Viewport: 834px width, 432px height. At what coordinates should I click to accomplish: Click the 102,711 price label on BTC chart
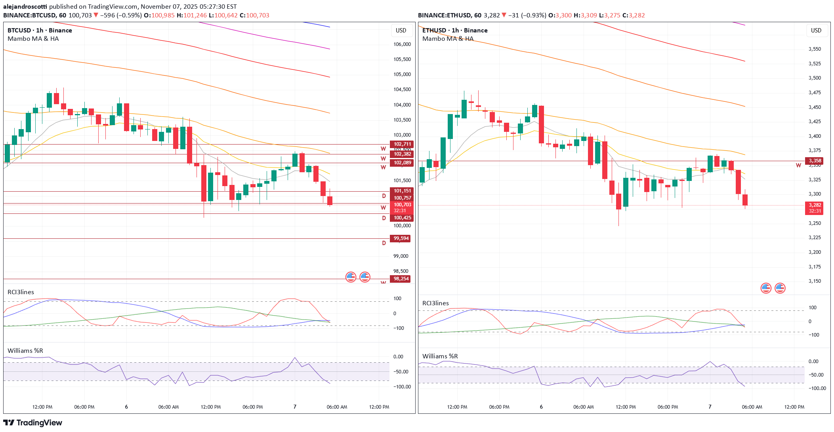tap(402, 144)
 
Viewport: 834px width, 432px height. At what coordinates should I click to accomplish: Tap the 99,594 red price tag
tap(401, 238)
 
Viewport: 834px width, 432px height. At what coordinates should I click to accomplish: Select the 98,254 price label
tap(401, 279)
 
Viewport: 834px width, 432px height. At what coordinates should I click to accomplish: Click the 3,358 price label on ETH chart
tap(815, 161)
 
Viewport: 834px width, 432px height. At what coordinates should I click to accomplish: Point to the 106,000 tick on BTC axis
tap(402, 44)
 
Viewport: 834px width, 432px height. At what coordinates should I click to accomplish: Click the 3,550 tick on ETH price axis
tap(815, 49)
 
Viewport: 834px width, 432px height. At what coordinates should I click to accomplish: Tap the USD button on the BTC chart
tap(401, 30)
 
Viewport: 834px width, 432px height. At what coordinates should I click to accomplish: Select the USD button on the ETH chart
tap(816, 30)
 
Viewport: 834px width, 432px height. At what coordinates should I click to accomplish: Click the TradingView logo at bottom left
tap(32, 422)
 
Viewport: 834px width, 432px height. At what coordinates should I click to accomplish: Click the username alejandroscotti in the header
tap(25, 6)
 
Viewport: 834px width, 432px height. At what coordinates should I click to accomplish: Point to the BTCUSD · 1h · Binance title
tap(40, 30)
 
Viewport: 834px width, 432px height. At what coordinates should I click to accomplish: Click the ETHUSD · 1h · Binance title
tap(454, 30)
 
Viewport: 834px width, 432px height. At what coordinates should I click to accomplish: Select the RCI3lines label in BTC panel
tap(21, 292)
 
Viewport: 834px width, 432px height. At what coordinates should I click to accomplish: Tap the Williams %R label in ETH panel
tap(440, 356)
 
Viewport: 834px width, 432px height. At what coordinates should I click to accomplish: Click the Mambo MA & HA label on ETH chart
tap(448, 38)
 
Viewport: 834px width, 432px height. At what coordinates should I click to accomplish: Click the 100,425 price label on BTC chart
tap(402, 218)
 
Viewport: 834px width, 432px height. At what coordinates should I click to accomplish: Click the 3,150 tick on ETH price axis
tap(815, 281)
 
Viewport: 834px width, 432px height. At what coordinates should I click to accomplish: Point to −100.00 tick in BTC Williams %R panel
tap(402, 386)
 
